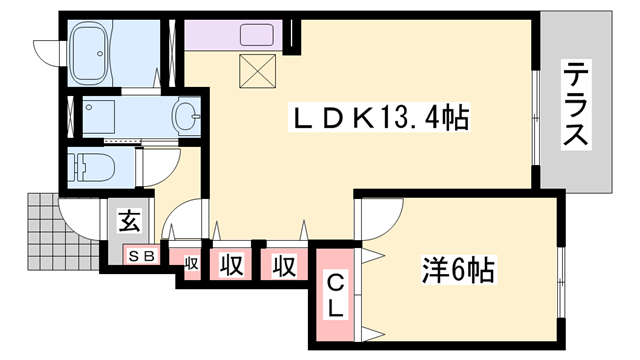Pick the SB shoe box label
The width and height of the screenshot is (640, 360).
click(140, 256)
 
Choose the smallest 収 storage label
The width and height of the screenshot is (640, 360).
click(191, 264)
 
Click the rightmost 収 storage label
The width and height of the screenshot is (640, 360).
click(284, 265)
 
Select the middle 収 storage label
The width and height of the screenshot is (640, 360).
click(231, 265)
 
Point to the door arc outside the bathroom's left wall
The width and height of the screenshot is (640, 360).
click(45, 48)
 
